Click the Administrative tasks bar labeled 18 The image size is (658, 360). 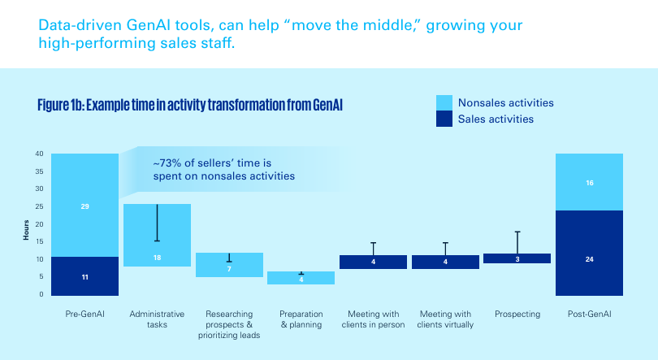coord(157,236)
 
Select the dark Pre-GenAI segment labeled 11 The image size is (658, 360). coord(84,275)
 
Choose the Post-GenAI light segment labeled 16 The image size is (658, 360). coord(589,182)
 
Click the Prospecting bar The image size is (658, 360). coord(517,258)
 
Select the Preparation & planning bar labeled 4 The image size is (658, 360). coord(301,278)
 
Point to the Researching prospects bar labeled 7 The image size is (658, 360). coord(229,265)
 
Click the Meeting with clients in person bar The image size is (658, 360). coord(373,262)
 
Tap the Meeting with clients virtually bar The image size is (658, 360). coord(445,262)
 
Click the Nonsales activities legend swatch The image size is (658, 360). coord(444,102)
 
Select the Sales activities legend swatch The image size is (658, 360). coord(444,119)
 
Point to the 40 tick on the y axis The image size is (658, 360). coord(39,154)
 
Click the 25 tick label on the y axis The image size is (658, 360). coord(39,206)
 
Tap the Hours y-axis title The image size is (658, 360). coord(26,231)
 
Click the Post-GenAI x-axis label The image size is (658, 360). coord(589,314)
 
